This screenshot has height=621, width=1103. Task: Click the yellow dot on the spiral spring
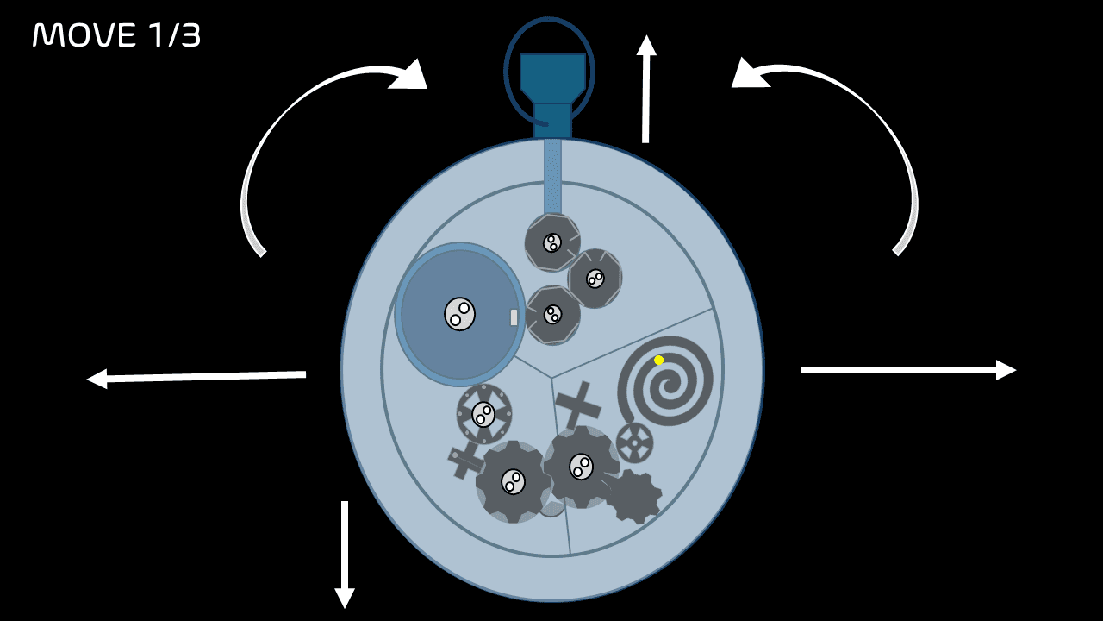[x=658, y=361]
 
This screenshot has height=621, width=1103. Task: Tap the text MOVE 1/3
[x=116, y=35]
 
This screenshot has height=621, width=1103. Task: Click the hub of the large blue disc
[x=459, y=314]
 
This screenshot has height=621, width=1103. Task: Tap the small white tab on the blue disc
[x=514, y=317]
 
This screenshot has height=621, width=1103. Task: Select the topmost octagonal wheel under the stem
[x=552, y=242]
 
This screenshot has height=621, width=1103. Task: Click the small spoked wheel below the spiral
[x=634, y=442]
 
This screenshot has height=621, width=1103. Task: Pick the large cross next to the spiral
[x=578, y=405]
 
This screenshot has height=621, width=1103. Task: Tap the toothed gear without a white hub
[x=633, y=497]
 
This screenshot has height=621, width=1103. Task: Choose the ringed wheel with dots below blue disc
[x=483, y=414]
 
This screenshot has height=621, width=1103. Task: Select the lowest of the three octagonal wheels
[x=552, y=315]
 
